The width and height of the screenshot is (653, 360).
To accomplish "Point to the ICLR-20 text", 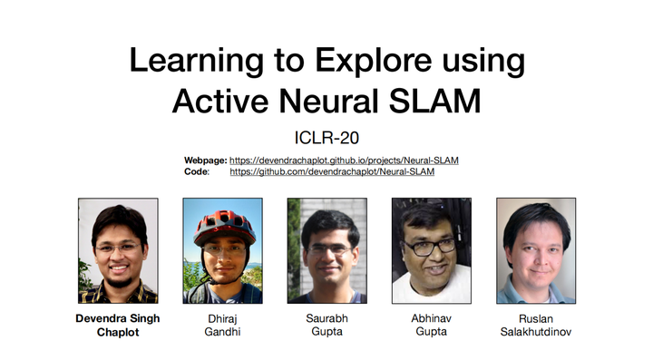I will coord(326,137).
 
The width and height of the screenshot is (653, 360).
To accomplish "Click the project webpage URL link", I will coord(344,160).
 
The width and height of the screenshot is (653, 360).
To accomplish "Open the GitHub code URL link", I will coord(332,170).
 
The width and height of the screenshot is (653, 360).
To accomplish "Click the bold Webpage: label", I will coord(205,160).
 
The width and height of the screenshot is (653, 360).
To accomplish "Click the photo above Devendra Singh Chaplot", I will coord(118,250).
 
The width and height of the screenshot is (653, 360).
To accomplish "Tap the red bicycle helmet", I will coord(222,222).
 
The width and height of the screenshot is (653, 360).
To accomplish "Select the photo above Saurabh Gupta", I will coord(326,250).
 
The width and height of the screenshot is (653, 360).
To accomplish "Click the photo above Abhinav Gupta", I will coord(431,250).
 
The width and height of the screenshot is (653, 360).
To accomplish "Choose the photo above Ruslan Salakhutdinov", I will coord(535,250).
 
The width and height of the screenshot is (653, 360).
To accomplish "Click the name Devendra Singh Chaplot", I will coord(118,325).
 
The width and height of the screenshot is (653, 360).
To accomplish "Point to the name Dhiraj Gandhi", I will coord(222,325).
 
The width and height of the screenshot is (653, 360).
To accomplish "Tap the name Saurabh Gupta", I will coord(326,325).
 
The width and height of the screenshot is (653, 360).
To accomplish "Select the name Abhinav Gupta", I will coord(431,325).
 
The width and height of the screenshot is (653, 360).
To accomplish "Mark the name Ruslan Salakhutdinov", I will coord(535,325).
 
